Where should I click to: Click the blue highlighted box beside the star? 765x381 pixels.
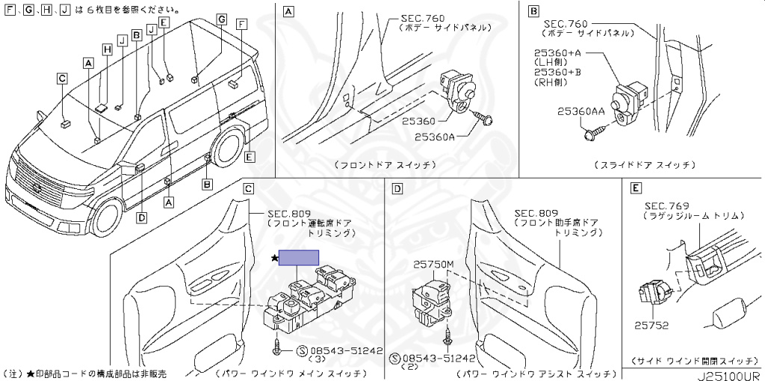pyautogui.click(x=299, y=258)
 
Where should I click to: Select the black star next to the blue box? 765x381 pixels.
pyautogui.click(x=274, y=258)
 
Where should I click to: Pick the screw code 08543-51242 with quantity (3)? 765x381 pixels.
pyautogui.click(x=346, y=350)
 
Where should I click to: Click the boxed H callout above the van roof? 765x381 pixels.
pyautogui.click(x=107, y=50)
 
